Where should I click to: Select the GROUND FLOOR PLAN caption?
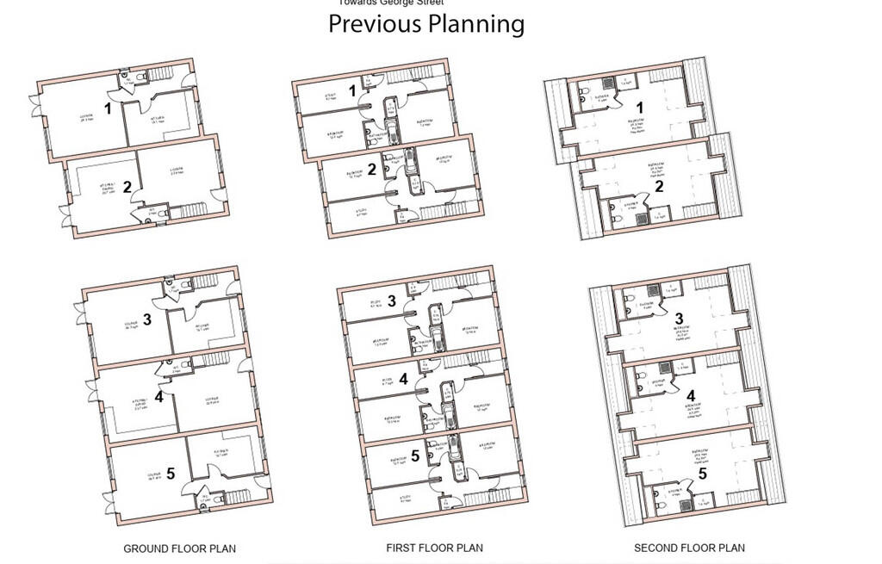[x=179, y=549]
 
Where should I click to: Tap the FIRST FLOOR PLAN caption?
[x=434, y=548]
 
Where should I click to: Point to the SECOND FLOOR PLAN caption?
[x=689, y=548]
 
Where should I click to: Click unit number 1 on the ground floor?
[x=108, y=108]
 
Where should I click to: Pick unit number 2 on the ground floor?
[x=127, y=187]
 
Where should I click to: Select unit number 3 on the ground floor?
[x=147, y=319]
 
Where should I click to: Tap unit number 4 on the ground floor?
[x=158, y=397]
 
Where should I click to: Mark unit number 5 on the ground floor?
[x=171, y=473]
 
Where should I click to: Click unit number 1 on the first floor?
[x=352, y=90]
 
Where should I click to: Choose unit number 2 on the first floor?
[x=372, y=169]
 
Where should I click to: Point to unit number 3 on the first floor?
[x=392, y=301]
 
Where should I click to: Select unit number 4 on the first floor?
[x=403, y=379]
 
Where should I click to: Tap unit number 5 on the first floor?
[x=415, y=456]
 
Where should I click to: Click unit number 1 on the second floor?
[x=640, y=107]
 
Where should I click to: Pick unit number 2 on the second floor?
[x=659, y=186]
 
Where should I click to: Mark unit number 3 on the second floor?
[x=679, y=319]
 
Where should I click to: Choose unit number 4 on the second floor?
[x=691, y=396]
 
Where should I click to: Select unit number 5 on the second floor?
[x=702, y=473]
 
